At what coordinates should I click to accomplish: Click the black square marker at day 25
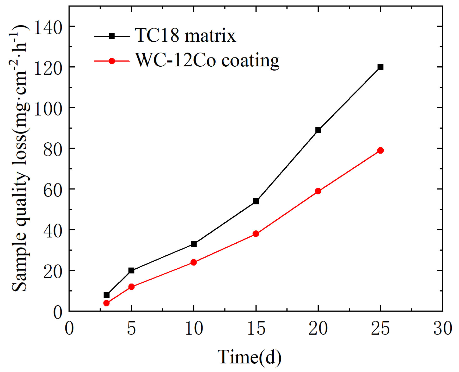(380, 67)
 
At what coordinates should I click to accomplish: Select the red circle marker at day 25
(380, 150)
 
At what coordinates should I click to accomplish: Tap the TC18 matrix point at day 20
(318, 130)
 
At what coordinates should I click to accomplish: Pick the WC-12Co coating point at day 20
(318, 191)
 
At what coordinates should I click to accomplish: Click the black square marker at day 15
(256, 201)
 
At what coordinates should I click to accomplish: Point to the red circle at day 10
(193, 262)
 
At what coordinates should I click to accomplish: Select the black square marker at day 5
(131, 270)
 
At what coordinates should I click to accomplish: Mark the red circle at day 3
(106, 303)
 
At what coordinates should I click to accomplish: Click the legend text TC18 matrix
(185, 35)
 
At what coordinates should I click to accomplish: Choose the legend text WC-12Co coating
(207, 60)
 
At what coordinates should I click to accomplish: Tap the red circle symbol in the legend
(112, 61)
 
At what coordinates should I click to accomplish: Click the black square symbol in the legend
(112, 36)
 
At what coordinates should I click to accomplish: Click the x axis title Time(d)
(249, 357)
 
